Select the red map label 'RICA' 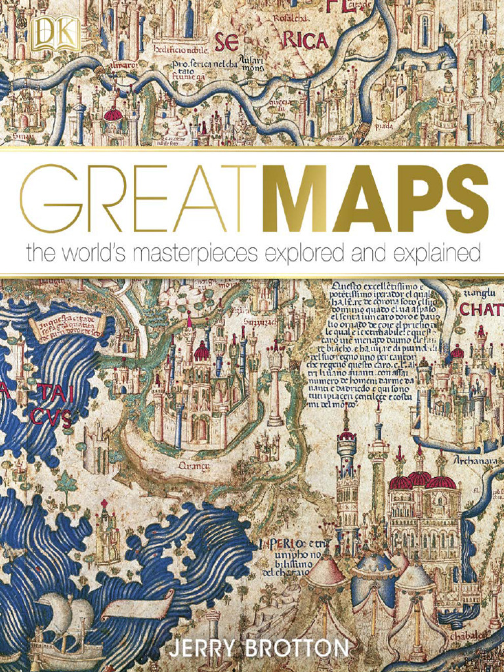coord(305,41)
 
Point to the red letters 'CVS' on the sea coord(52,417)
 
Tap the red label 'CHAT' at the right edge coord(482,309)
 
